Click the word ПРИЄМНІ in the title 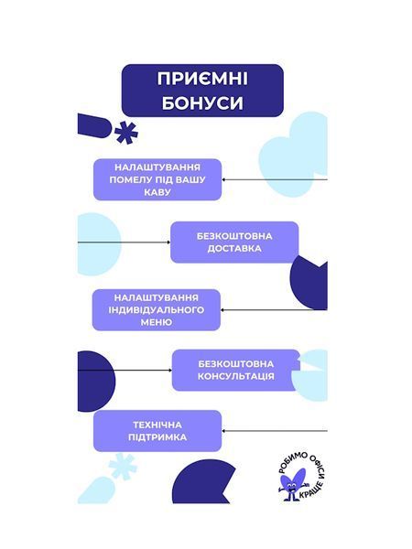pos(202,79)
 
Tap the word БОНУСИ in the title pos(202,102)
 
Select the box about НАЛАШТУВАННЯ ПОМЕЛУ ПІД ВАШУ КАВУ pos(157,179)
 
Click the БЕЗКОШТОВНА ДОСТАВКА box pos(234,242)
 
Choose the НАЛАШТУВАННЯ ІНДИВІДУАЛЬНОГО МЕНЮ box pos(157,310)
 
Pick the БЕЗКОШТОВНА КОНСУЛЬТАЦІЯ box pos(236,370)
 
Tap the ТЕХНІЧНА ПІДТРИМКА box pos(157,431)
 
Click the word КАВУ pos(157,192)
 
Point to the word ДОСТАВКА pos(234,249)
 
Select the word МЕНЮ pos(157,322)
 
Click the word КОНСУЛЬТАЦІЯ pos(236,376)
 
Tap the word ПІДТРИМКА pos(157,437)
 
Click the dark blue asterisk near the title pos(126,134)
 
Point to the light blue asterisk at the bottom pos(123,466)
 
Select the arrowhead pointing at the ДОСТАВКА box pos(168,242)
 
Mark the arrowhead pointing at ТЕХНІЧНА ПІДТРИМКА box pos(224,431)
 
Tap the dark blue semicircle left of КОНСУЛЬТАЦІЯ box pos(95,382)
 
